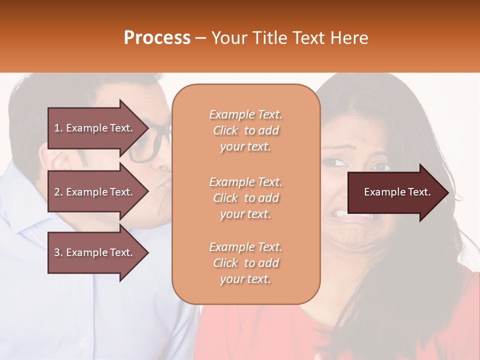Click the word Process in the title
click(157, 38)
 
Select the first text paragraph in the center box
click(245, 130)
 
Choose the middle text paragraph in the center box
click(245, 198)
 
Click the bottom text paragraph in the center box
click(245, 263)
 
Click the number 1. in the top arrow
click(58, 128)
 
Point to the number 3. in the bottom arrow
click(58, 252)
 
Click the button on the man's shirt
click(82, 343)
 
